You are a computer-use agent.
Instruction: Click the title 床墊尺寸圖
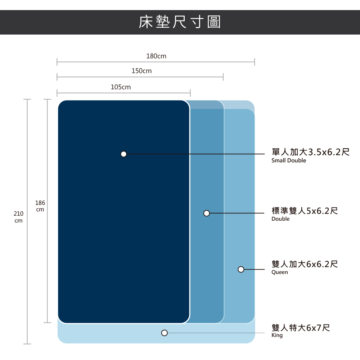pos(180,22)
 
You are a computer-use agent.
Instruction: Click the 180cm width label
pos(156,56)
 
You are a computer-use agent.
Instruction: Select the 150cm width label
pos(141,71)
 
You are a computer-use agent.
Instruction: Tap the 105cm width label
pos(121,87)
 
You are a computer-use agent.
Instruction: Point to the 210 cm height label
pos(18,217)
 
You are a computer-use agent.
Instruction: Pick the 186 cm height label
pos(40,206)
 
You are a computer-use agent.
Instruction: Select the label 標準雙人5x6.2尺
pos(305,211)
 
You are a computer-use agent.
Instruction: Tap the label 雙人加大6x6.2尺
pos(305,264)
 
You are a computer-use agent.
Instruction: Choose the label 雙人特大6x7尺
pos(301,328)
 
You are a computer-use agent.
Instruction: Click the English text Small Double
pos(289,161)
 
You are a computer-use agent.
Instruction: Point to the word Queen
pos(280,273)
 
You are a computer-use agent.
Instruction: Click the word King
pos(277,336)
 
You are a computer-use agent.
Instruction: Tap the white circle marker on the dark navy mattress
pos(123,154)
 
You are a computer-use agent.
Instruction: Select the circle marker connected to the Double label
pos(206,213)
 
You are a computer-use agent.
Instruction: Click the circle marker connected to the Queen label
pos(241,269)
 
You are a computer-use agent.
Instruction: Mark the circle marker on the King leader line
pos(165,333)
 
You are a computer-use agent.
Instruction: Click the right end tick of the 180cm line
pos(255,62)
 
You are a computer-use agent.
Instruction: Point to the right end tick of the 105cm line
pos(190,93)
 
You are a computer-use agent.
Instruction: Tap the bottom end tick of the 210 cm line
pos(27,344)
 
